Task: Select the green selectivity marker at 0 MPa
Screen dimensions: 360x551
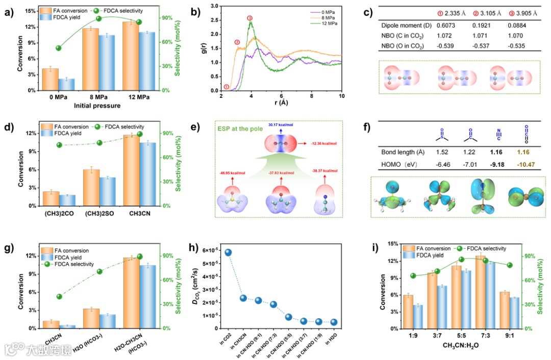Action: click(59, 48)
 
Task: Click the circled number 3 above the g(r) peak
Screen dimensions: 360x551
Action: click(249, 18)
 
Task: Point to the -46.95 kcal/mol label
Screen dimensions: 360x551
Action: click(232, 174)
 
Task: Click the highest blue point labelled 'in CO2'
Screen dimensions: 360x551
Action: click(228, 252)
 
